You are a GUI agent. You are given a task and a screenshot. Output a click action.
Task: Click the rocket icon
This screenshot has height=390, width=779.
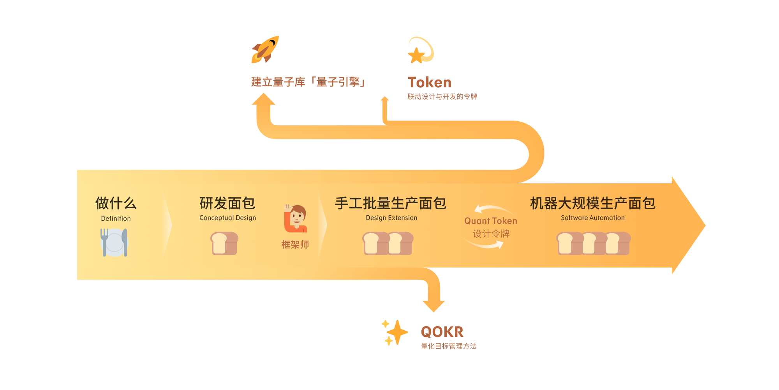[x=265, y=50]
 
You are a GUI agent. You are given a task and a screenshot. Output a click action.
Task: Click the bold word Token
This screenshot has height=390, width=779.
[x=430, y=82]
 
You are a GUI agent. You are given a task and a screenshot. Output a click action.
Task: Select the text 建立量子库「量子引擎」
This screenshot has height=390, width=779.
[x=308, y=82]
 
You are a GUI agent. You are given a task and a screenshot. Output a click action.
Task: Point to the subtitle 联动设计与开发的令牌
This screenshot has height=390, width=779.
[x=442, y=96]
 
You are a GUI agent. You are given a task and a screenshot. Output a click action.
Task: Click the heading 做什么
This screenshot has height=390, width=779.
[x=116, y=203]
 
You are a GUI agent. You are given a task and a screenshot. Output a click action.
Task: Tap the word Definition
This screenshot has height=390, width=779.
[x=116, y=218]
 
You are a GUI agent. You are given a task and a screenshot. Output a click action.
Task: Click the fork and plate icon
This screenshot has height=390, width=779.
[x=114, y=242]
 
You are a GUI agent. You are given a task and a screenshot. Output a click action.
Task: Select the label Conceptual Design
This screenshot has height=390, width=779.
[x=227, y=218]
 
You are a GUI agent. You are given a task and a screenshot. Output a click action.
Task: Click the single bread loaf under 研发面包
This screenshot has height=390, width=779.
[x=224, y=243]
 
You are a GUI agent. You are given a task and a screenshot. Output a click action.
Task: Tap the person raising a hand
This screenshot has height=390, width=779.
[x=296, y=218]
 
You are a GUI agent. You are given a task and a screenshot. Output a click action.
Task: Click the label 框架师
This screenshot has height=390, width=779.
[x=295, y=245]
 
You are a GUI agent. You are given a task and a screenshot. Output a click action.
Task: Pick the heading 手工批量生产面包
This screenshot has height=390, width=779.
[x=391, y=203]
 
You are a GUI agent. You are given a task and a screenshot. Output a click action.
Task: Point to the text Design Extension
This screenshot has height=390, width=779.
[x=391, y=218]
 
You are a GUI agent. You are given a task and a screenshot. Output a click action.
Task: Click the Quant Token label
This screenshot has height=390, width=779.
[x=491, y=221]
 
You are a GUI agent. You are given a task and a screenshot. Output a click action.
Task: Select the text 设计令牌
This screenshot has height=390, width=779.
[x=491, y=234]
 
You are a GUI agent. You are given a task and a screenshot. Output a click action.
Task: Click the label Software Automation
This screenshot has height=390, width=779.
[x=592, y=218]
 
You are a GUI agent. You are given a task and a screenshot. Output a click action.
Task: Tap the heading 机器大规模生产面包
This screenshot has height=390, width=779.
[x=592, y=203]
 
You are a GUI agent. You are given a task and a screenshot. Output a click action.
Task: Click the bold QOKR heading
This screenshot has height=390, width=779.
[x=442, y=332]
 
